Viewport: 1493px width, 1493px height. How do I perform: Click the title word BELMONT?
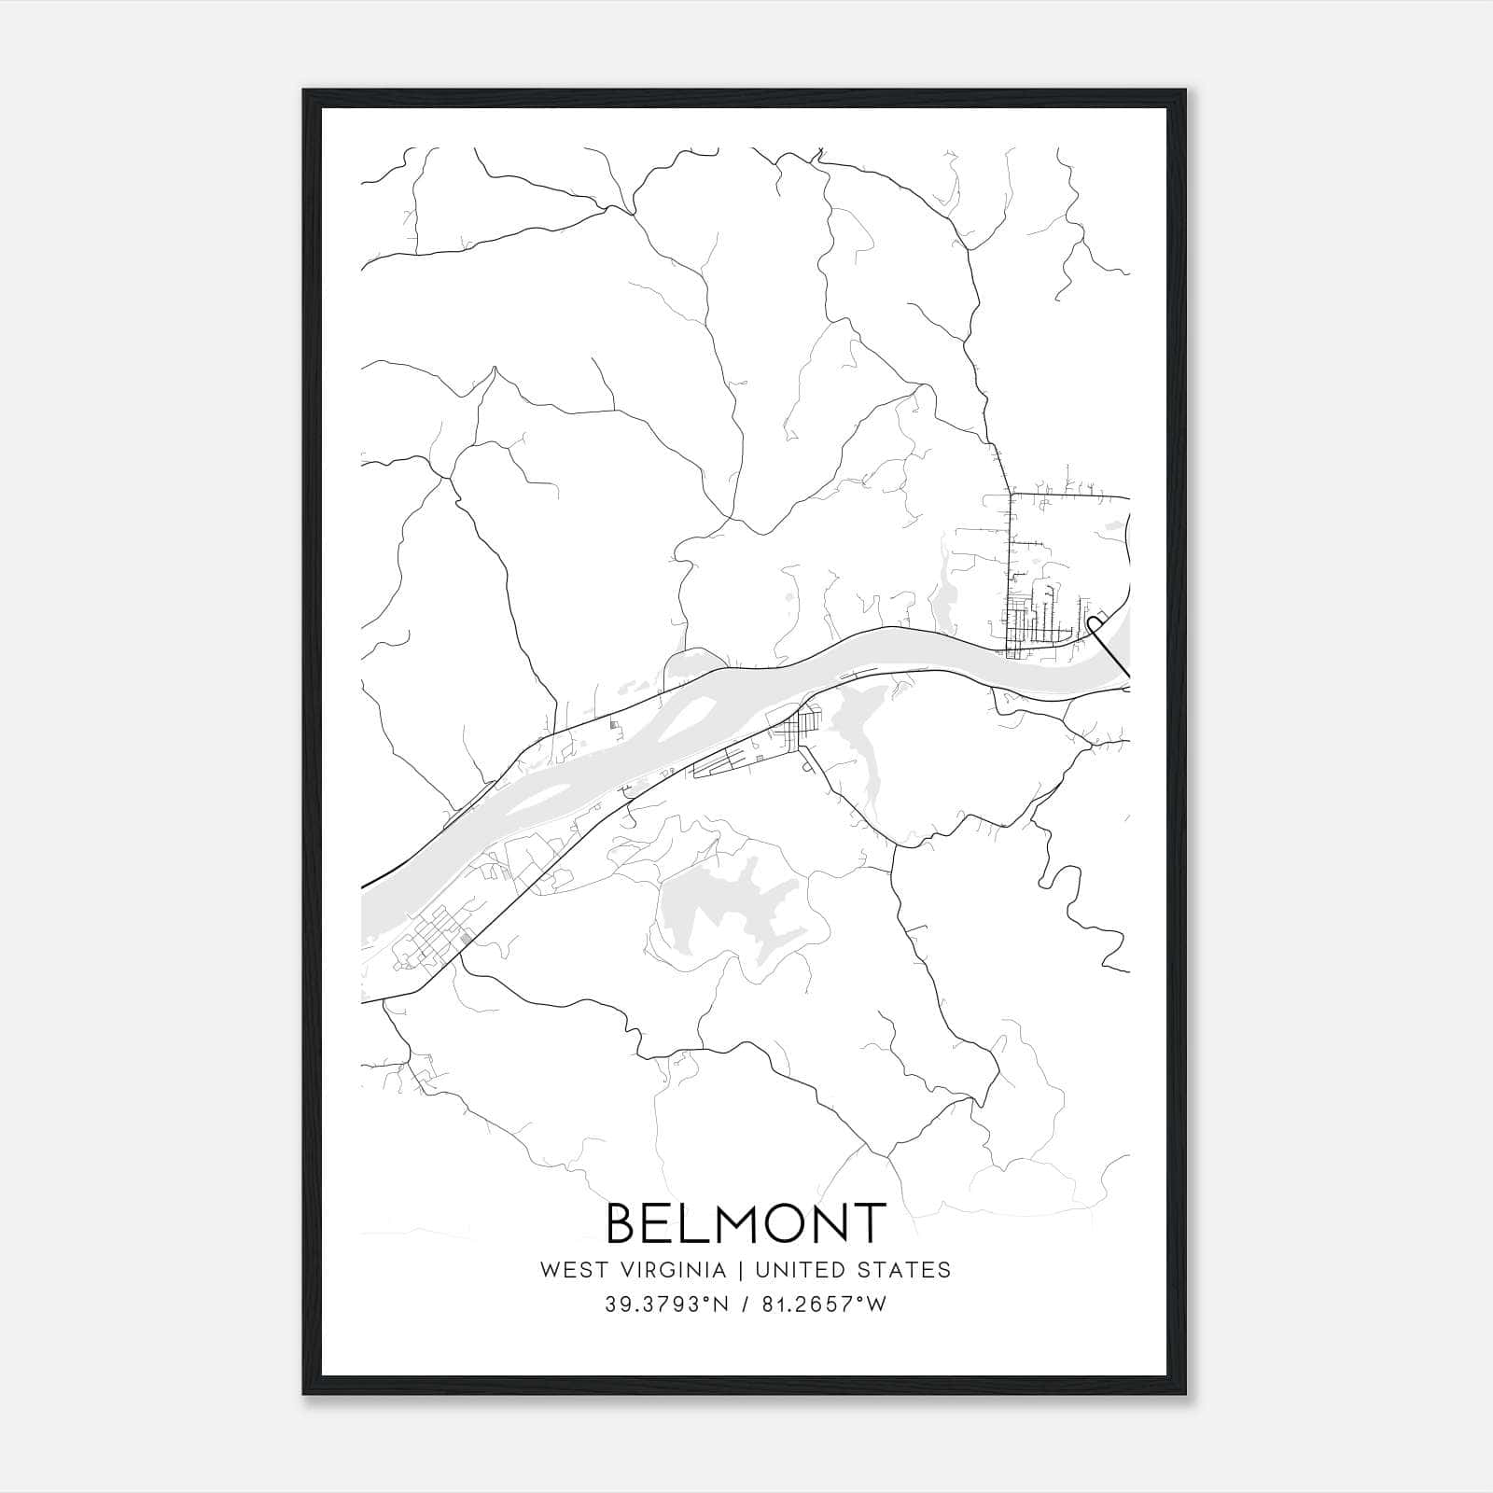746,1223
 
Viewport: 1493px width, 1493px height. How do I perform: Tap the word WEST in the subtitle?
569,1270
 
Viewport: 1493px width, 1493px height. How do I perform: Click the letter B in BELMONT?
625,1223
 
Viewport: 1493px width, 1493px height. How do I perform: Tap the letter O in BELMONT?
780,1223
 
